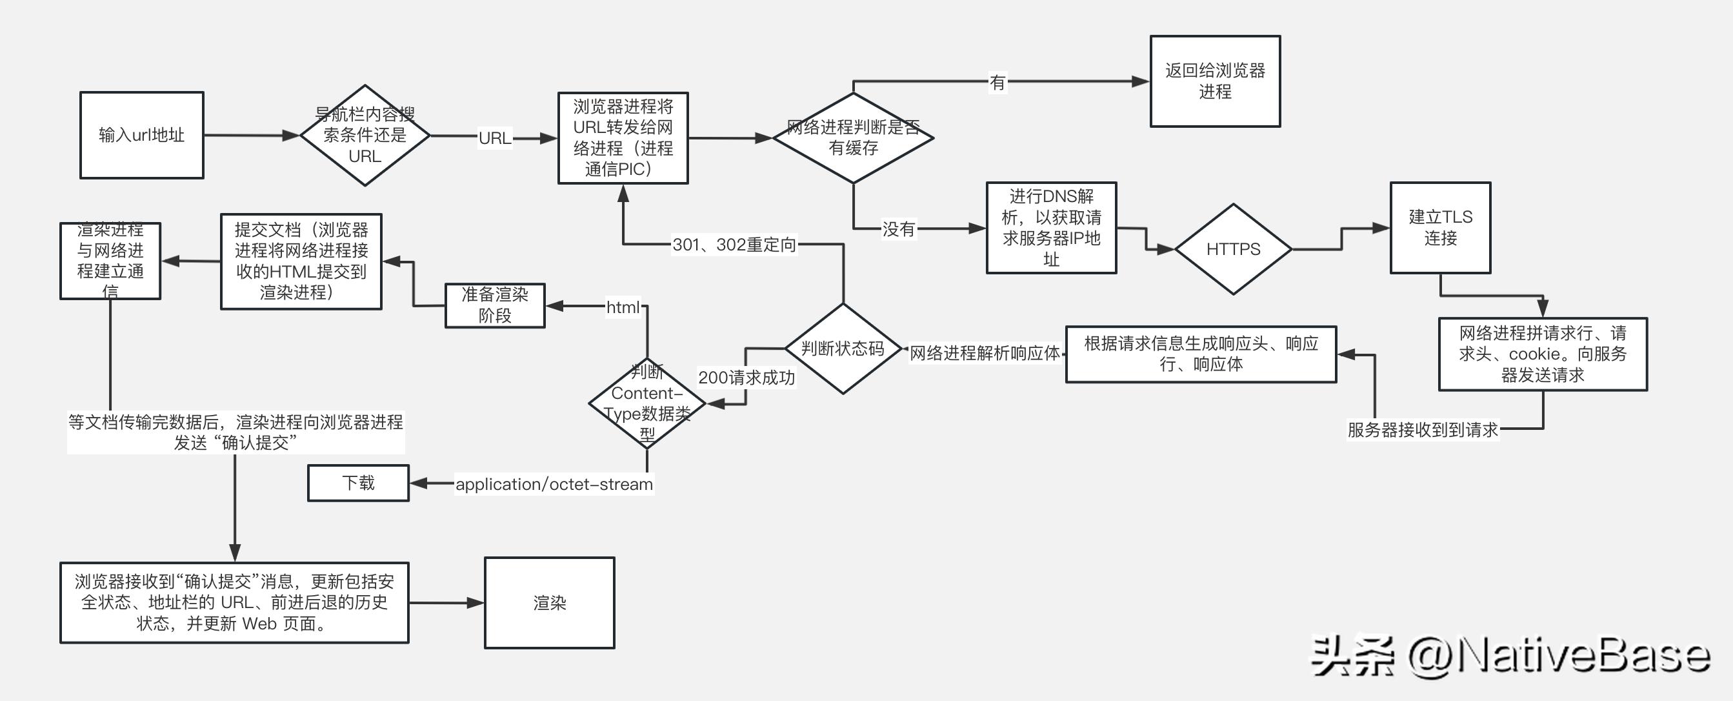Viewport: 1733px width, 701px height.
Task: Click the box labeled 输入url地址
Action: pos(141,135)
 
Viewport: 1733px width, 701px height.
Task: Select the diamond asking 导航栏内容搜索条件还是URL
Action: pos(365,135)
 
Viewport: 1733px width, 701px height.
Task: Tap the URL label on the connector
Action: pos(494,138)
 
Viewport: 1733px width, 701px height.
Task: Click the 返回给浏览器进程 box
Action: pos(1214,81)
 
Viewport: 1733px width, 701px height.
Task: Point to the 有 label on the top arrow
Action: pos(997,82)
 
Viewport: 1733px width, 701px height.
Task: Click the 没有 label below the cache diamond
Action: pos(898,229)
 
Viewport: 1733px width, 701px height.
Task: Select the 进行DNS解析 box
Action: pos(1051,227)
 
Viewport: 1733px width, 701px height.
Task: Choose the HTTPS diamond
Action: pos(1232,249)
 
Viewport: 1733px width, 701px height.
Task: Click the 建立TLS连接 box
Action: pos(1439,227)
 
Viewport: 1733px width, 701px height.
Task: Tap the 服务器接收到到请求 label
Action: pos(1422,429)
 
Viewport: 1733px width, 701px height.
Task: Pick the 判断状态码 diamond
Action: pos(842,349)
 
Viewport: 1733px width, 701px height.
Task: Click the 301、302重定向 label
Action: pos(734,244)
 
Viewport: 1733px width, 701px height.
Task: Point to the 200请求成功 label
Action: pos(746,378)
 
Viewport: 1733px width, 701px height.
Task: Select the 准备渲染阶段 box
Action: pos(494,305)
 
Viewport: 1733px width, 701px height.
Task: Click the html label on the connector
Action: pos(623,307)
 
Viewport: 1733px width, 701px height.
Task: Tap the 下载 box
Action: pos(358,482)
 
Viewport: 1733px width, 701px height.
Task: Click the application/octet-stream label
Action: pos(554,483)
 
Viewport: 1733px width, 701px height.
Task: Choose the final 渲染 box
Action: pos(549,603)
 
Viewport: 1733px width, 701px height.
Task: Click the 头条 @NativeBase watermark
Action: pos(1510,656)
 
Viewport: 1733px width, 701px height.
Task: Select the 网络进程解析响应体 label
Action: pos(984,352)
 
